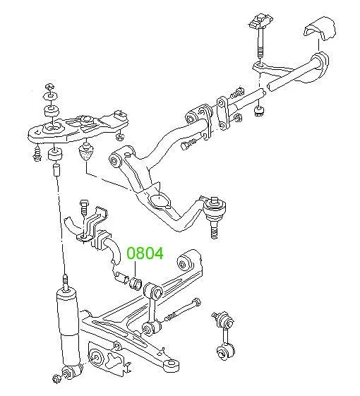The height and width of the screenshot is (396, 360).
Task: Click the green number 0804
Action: point(145,253)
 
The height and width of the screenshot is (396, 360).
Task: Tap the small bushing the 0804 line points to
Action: point(136,283)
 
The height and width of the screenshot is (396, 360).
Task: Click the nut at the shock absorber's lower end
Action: point(56,378)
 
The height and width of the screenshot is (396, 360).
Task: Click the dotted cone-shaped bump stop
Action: point(87,151)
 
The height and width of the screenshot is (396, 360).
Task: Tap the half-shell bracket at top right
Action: point(320,29)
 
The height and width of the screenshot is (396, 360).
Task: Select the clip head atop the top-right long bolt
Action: point(261,21)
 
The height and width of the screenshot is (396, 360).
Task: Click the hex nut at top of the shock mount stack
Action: point(49,87)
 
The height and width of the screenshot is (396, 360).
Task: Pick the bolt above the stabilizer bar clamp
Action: point(83,207)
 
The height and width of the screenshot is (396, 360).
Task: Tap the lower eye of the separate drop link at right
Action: point(226,352)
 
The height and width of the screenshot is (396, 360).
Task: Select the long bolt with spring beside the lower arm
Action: point(182,309)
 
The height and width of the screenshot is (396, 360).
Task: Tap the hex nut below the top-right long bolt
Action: point(259,111)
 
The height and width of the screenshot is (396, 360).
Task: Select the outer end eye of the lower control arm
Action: point(171,365)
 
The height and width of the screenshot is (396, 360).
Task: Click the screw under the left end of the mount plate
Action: point(37,154)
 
